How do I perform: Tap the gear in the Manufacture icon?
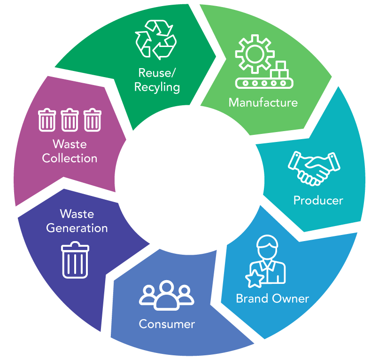255,54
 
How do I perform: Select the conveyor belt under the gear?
264,83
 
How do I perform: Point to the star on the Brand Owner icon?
255,279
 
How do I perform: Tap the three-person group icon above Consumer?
167,295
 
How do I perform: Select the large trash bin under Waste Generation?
75,260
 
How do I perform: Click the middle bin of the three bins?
70,120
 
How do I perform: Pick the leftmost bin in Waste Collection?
47,120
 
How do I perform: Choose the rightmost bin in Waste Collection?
93,120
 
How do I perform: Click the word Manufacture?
263,102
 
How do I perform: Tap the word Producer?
318,200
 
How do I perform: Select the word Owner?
291,298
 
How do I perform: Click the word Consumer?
167,324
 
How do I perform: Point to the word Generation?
77,228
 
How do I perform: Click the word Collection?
70,158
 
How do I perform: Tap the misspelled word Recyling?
157,87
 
